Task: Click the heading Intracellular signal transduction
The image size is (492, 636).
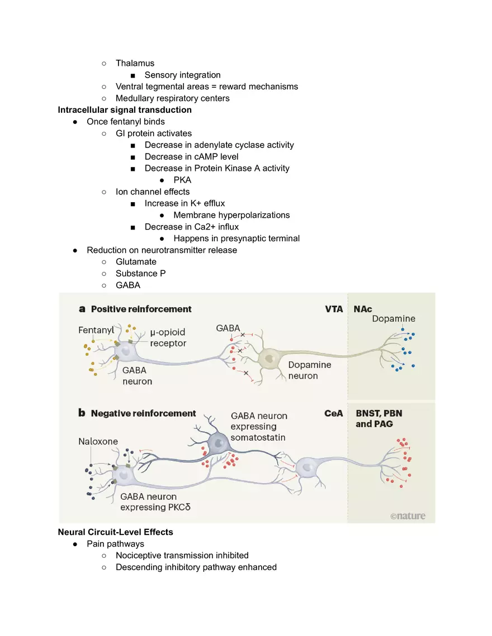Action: click(x=125, y=110)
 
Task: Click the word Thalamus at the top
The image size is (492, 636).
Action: click(x=135, y=63)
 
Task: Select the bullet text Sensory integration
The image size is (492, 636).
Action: click(x=182, y=75)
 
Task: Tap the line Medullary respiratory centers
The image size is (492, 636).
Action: click(x=172, y=98)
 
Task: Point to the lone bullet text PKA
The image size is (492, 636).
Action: click(x=182, y=180)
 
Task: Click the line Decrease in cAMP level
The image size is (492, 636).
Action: click(x=191, y=156)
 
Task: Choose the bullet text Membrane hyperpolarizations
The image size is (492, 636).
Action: click(x=231, y=215)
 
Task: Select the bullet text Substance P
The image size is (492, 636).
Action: click(x=140, y=273)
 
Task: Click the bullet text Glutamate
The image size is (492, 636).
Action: click(x=136, y=261)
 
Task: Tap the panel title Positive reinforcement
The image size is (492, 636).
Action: click(x=141, y=309)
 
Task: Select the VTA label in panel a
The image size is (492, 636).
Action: click(x=334, y=309)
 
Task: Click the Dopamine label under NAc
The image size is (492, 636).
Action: click(x=394, y=319)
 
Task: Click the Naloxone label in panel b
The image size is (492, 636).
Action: click(x=98, y=441)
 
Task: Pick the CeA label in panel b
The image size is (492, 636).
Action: click(x=333, y=414)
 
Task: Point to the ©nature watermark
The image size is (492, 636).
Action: click(x=408, y=516)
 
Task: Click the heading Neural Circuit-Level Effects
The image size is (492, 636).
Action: click(x=115, y=532)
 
